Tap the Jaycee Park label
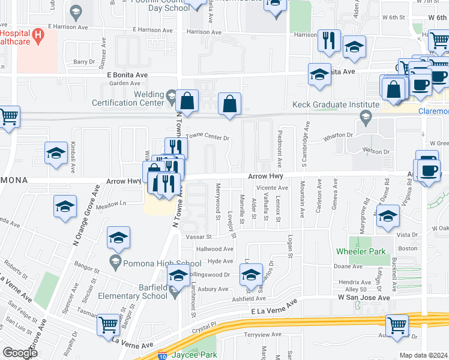pos(200,355)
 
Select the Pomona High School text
pos(154,263)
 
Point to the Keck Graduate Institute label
pos(327,104)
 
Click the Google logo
pos(20,353)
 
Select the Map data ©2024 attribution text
pos(423,355)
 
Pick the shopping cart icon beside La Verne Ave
pos(108,325)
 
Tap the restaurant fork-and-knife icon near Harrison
pos(328,40)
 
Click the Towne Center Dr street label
pos(209,137)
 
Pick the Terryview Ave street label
pos(263,334)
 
